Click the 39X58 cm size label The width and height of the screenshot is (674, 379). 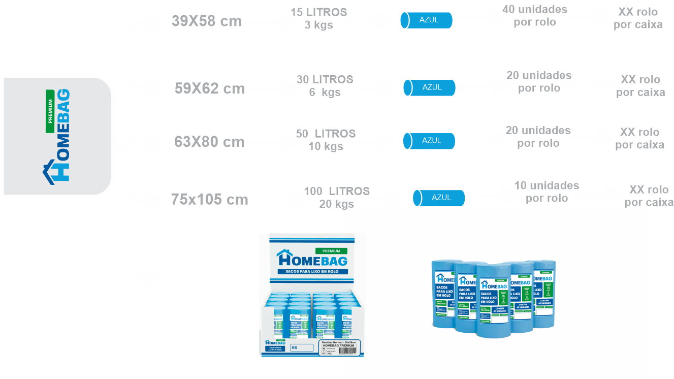pos(206,22)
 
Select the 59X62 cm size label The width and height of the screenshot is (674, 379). pos(209,89)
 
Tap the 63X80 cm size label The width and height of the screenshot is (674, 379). pos(209,142)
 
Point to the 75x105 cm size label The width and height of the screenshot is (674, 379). pos(209,200)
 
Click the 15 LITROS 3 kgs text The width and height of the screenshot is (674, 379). pos(318,19)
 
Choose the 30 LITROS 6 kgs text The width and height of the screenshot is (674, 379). pos(325,86)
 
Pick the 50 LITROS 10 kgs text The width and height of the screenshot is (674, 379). pos(326,140)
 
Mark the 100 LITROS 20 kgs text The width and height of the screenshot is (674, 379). pos(336,198)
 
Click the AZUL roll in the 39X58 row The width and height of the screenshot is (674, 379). pos(426,20)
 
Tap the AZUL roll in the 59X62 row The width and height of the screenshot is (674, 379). pos(430,87)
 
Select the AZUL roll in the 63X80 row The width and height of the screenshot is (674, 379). pos(429,141)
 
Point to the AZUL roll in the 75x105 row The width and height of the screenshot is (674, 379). pos(439,198)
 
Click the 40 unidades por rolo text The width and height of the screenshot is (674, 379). pos(534,16)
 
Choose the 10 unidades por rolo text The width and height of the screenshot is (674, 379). pos(547,192)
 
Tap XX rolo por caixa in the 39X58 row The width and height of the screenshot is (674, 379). pos(638,18)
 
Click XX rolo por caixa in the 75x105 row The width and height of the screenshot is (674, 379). pos(649,196)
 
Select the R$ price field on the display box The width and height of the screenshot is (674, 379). pos(301,348)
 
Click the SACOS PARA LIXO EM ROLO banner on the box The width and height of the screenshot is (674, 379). pos(312,272)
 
